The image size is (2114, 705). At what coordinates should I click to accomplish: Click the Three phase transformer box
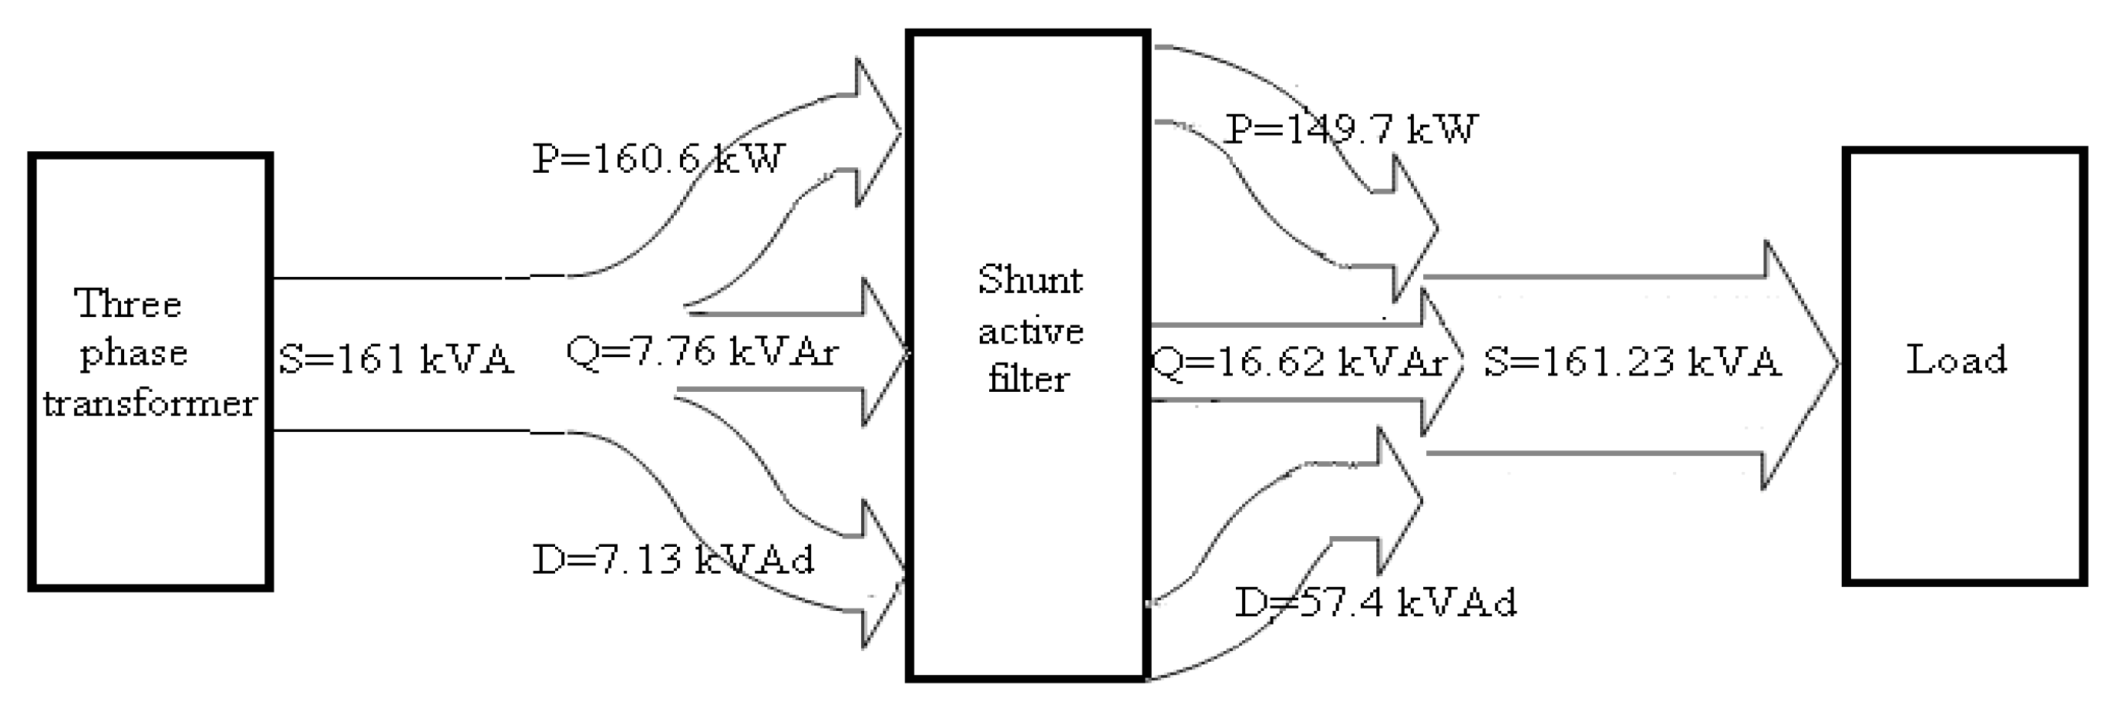click(x=150, y=492)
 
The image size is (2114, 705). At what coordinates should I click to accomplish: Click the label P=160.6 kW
click(x=658, y=158)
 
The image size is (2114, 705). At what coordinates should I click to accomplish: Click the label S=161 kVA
click(x=396, y=359)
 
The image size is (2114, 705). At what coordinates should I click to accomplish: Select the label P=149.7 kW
click(x=1350, y=130)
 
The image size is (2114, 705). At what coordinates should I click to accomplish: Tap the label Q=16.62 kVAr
click(x=1298, y=362)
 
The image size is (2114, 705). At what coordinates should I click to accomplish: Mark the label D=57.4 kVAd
click(x=1375, y=602)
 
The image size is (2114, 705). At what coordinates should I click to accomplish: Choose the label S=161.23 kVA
click(x=1632, y=362)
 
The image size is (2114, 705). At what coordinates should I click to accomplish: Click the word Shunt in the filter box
click(x=1030, y=280)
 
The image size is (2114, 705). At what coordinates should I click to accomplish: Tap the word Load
click(x=1957, y=359)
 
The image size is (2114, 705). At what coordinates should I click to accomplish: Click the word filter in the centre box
click(x=1028, y=379)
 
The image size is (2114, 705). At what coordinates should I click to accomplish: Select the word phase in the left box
click(x=134, y=354)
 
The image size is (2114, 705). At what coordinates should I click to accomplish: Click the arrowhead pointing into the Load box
click(x=1801, y=364)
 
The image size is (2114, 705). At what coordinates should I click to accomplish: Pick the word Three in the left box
click(x=128, y=304)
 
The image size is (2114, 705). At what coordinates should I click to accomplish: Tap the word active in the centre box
click(x=1031, y=332)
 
